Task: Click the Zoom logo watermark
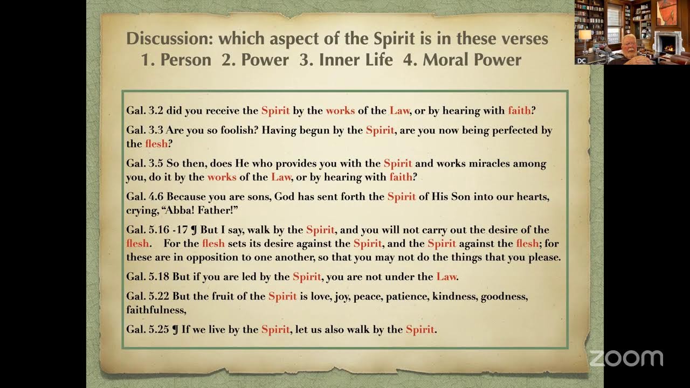pyautogui.click(x=626, y=358)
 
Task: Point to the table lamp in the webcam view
pyautogui.click(x=585, y=35)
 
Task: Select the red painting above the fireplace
pyautogui.click(x=667, y=15)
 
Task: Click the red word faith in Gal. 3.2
pyautogui.click(x=519, y=111)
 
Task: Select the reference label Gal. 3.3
pyautogui.click(x=145, y=130)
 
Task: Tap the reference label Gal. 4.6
pyautogui.click(x=145, y=197)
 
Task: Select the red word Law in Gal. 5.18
pyautogui.click(x=446, y=277)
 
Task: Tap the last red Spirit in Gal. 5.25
pyautogui.click(x=420, y=329)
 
